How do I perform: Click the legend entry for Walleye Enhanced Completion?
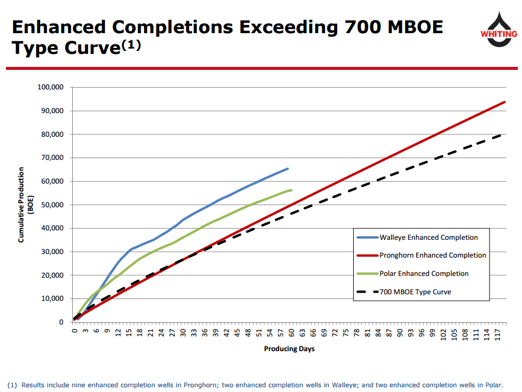click(428, 237)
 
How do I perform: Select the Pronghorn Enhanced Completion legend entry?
click(433, 255)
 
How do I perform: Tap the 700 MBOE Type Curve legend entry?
click(415, 291)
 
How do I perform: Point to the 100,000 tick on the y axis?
click(50, 88)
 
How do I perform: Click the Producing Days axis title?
click(289, 349)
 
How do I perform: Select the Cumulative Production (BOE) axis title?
click(25, 205)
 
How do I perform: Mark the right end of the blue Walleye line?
click(288, 169)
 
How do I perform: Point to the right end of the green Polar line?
click(292, 190)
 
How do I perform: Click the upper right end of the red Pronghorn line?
click(505, 102)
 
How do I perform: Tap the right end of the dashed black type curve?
click(502, 134)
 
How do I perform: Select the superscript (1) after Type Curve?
click(132, 45)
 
